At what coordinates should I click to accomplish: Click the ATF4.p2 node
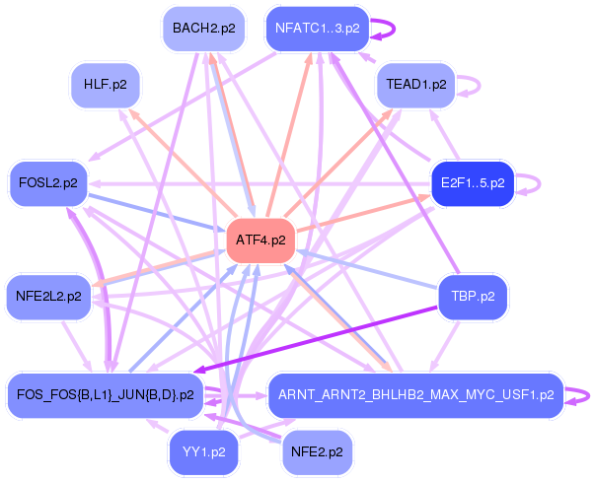(x=260, y=241)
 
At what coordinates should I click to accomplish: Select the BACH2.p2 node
(x=204, y=29)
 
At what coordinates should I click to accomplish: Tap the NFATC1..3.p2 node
(x=318, y=29)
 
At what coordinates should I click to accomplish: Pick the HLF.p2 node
(x=106, y=85)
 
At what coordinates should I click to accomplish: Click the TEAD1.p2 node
(x=416, y=85)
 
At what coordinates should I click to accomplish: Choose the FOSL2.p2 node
(x=48, y=183)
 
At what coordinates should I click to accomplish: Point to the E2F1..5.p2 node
(x=473, y=183)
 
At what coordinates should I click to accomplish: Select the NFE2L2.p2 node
(x=48, y=297)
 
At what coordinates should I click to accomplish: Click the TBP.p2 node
(x=474, y=297)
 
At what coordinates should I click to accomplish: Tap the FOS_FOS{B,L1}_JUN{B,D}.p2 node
(x=106, y=395)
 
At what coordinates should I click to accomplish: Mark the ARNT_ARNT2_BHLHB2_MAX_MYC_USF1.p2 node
(x=416, y=395)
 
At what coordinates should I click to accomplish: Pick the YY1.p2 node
(x=204, y=452)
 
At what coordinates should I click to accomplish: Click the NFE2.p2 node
(x=317, y=452)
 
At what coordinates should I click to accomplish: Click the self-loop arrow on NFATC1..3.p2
(x=395, y=29)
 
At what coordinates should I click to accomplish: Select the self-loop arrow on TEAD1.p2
(x=480, y=85)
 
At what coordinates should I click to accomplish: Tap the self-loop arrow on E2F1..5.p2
(x=539, y=184)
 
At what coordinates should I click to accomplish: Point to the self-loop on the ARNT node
(x=588, y=395)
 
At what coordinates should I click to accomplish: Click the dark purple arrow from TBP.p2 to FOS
(x=316, y=340)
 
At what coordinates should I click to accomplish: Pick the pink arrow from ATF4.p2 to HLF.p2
(x=183, y=163)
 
